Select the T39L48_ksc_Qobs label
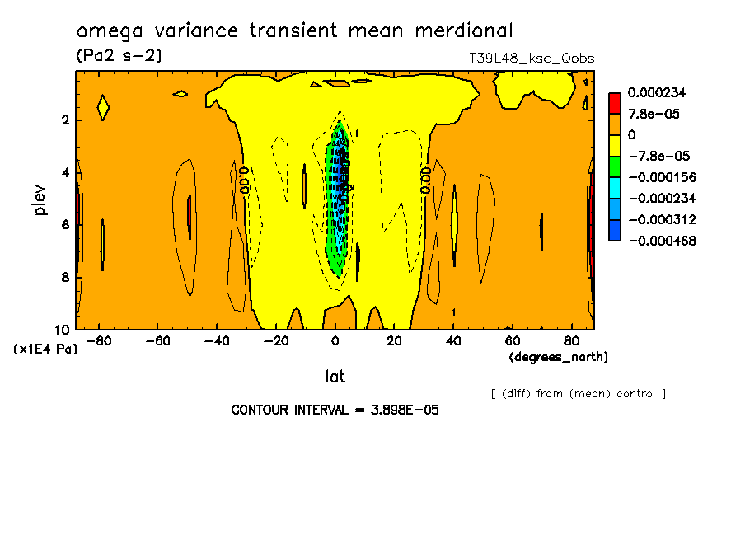531,58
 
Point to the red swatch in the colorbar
614,102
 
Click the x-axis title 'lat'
335,376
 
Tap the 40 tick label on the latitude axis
453,340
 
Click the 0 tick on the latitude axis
335,340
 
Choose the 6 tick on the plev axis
64,224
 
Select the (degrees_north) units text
559,356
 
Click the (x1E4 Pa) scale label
45,349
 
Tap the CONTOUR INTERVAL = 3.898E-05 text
335,410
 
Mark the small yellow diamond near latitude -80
103,107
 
